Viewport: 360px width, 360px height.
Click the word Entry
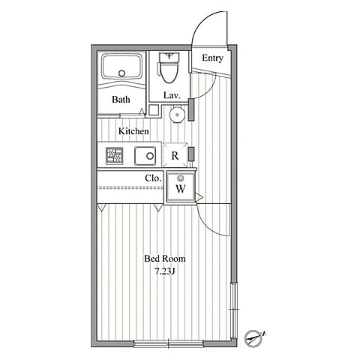tap(212, 58)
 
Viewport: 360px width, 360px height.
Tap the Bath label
tap(121, 100)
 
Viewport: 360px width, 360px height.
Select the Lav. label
tap(172, 95)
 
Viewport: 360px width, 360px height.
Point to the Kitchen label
tap(133, 131)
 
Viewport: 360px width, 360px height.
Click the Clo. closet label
tap(153, 178)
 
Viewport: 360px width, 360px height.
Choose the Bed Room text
tap(165, 259)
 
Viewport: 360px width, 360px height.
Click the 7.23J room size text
tap(164, 271)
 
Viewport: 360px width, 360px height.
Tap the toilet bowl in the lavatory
tap(169, 71)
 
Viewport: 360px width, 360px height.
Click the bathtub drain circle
tap(121, 73)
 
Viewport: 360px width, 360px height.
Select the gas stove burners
tap(114, 156)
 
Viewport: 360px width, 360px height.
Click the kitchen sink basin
tap(145, 156)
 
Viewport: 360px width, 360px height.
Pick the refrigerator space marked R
tap(175, 155)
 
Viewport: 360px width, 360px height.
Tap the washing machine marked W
tap(180, 187)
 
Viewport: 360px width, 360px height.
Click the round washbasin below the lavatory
tap(177, 115)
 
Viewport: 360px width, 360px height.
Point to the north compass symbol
tap(253, 338)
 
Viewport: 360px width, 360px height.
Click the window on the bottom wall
tap(169, 343)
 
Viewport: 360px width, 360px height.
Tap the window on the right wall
tap(233, 310)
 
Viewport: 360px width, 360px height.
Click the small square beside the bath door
tap(154, 110)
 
